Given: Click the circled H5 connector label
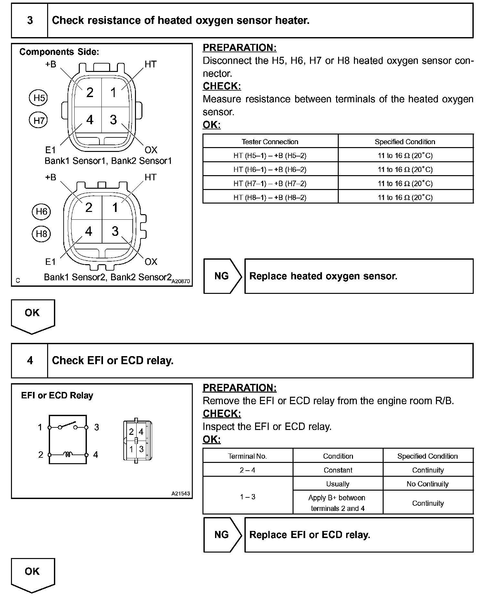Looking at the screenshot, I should coord(38,98).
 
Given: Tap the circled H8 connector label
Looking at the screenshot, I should coord(41,234).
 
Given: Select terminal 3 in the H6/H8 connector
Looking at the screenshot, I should coord(115,231).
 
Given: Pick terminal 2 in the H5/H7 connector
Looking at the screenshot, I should coord(89,93).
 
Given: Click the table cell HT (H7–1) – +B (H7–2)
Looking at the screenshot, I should coord(270,183).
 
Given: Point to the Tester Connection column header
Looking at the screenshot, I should coord(270,142).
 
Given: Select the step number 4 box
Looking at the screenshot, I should coord(30,360).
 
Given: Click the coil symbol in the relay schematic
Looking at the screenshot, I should coord(68,454).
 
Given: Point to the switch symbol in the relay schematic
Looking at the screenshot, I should coord(68,425).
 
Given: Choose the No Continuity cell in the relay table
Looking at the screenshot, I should coord(428,484).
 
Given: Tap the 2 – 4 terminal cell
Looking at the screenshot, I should coord(247,470).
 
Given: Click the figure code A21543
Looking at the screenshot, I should coord(181,494).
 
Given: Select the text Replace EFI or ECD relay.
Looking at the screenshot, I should coord(310,535).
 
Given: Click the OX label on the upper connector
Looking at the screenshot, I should coord(151,150).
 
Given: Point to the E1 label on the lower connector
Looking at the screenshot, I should coord(50,262).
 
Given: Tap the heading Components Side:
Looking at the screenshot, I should coord(59,52).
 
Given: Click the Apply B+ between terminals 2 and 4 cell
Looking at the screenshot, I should coord(337,503).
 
